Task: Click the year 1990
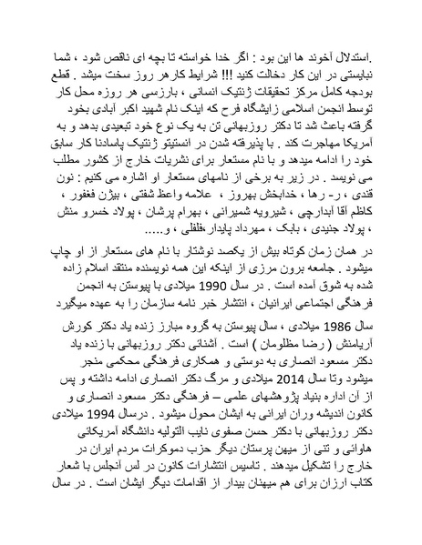234,284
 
